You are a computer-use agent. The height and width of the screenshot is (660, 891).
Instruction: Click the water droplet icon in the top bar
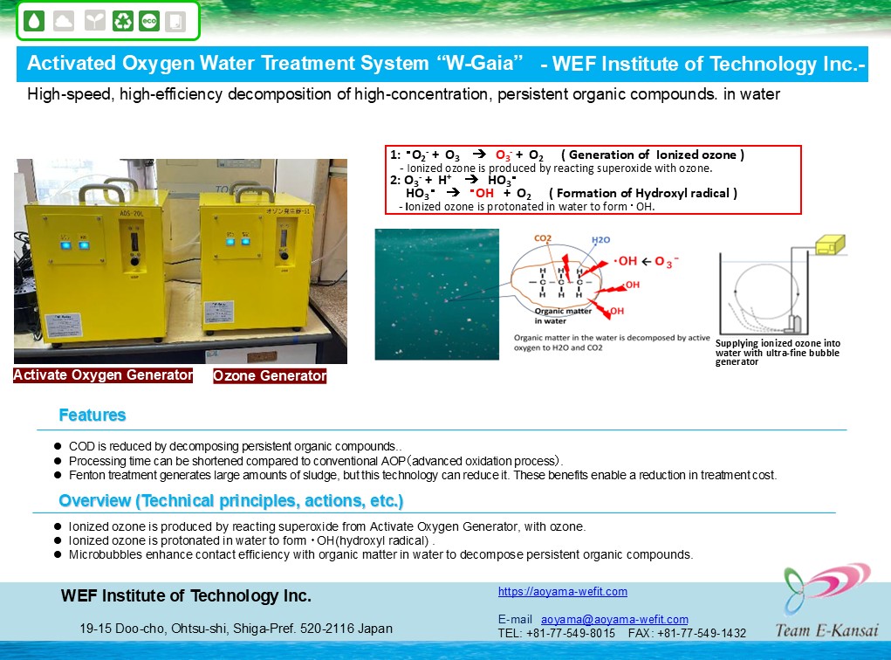tap(35, 21)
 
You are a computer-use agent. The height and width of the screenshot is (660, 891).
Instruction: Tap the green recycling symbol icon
tap(123, 21)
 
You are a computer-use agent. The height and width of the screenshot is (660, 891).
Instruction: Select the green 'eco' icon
tap(149, 21)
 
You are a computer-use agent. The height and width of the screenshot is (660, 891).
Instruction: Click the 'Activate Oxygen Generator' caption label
tap(103, 375)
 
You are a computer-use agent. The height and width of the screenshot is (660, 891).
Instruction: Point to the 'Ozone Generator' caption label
tap(270, 375)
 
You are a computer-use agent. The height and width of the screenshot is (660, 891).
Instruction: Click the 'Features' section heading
tap(92, 415)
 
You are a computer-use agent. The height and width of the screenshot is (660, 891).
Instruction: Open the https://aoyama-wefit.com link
tap(563, 591)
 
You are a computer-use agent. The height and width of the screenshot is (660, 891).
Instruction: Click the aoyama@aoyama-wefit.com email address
tap(614, 619)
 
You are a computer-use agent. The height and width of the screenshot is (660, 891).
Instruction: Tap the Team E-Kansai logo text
tap(826, 629)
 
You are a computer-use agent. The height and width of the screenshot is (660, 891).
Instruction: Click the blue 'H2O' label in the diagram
tap(600, 240)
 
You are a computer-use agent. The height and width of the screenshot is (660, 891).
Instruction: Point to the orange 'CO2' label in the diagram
tap(543, 238)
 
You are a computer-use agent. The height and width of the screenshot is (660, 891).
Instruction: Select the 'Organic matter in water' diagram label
tap(563, 316)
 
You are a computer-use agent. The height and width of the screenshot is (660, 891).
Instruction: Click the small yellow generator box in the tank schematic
tap(830, 244)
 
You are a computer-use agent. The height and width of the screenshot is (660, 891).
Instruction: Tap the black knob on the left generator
tap(134, 262)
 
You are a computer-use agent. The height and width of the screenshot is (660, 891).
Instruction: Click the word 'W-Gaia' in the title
tap(480, 63)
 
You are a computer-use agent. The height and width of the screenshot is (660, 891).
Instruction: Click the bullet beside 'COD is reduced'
tap(58, 446)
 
